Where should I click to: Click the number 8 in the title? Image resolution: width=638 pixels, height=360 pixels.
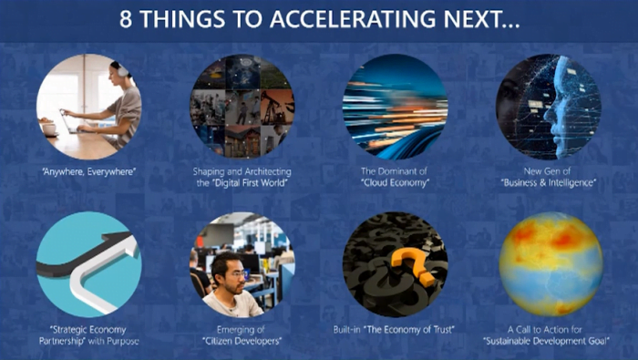click(x=126, y=19)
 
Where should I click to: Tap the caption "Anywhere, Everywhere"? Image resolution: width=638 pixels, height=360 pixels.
click(x=88, y=171)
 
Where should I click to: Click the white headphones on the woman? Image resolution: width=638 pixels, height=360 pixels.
click(x=122, y=71)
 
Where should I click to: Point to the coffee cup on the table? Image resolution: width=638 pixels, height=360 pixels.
click(x=49, y=129)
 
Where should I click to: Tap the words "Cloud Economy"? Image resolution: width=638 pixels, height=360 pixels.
click(x=395, y=183)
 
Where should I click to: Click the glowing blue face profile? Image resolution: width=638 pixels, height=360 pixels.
click(x=560, y=106)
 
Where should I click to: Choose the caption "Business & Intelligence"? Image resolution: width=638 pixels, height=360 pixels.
click(x=548, y=183)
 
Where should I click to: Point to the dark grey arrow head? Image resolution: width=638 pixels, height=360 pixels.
click(x=118, y=236)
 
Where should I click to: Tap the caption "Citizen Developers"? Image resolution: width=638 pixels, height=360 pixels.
click(x=242, y=341)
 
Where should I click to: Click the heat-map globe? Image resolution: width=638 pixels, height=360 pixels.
click(x=551, y=264)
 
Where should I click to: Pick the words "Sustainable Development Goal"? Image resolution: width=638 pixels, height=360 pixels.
click(x=546, y=341)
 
